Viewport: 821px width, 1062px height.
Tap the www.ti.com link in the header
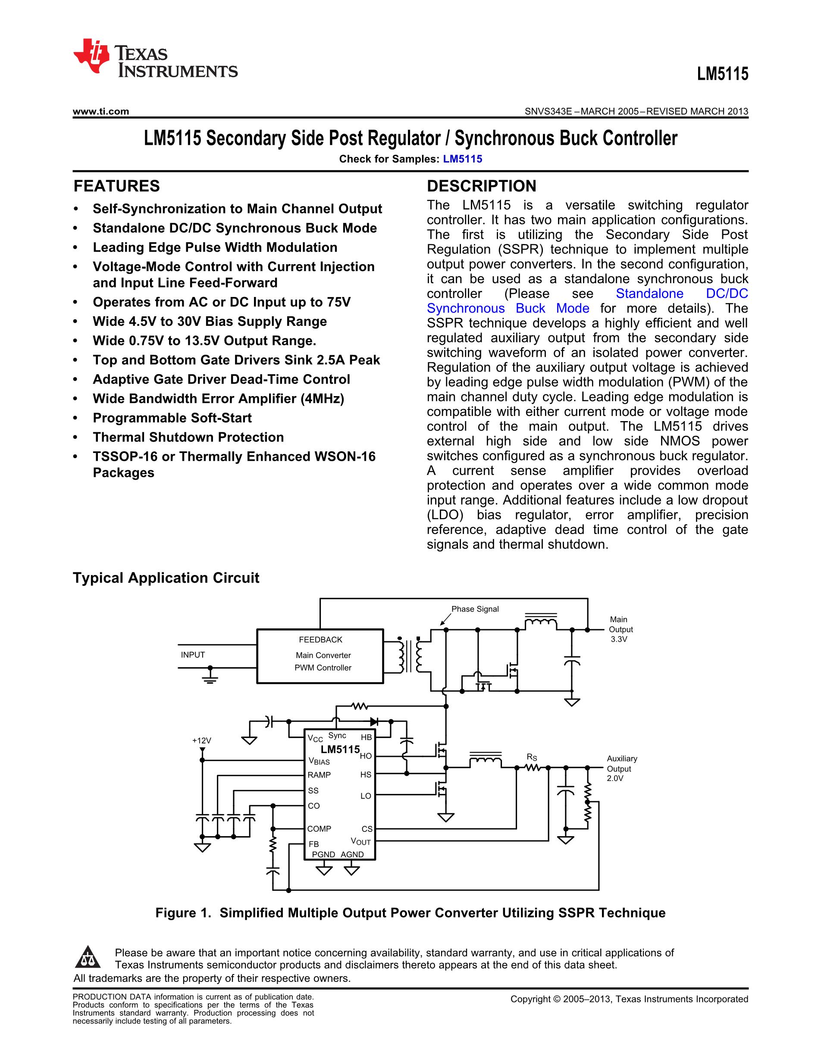[x=100, y=111]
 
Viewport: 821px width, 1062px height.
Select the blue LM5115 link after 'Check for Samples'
[x=462, y=159]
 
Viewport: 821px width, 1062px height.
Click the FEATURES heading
[x=117, y=186]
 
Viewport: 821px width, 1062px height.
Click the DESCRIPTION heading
[x=481, y=186]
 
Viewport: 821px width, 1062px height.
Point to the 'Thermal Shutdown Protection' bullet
[x=188, y=437]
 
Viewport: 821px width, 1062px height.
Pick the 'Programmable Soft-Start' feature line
[x=172, y=418]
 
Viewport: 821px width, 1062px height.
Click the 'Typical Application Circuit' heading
[x=166, y=578]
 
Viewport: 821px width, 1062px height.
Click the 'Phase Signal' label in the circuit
[x=475, y=609]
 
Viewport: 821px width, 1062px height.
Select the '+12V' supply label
[x=201, y=740]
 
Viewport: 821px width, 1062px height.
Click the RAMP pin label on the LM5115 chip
[x=319, y=775]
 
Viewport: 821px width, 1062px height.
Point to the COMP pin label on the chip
[x=319, y=828]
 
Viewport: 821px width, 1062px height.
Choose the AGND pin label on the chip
[x=352, y=854]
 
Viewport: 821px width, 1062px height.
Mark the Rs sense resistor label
[x=532, y=757]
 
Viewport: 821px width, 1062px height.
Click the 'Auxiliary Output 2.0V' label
[x=621, y=768]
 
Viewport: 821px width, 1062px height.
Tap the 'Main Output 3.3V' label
[x=620, y=629]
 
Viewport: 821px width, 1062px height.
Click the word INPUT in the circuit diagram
[x=193, y=655]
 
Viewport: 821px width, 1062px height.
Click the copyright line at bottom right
[x=629, y=999]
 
